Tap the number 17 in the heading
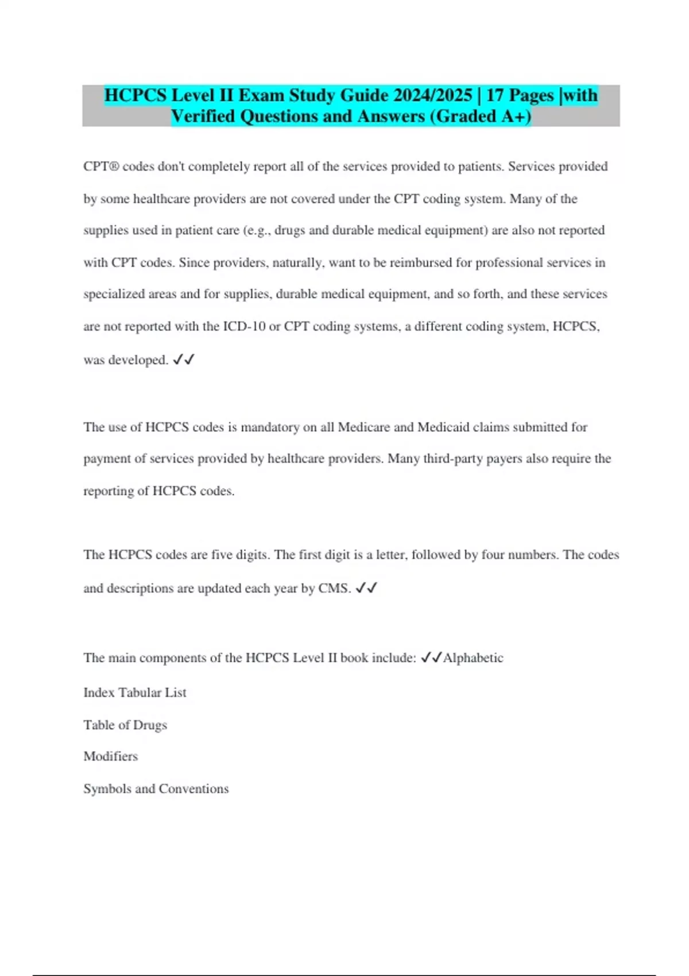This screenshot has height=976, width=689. pos(495,95)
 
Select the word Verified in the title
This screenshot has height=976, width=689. pos(203,116)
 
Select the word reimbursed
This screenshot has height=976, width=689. pos(421,262)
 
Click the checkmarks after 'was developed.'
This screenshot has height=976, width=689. pos(184,360)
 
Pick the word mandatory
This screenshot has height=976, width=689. pos(270,427)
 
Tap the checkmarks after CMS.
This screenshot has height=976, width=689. pos(366,588)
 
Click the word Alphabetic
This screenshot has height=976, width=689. pos(473,658)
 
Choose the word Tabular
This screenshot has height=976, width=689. pos(140,692)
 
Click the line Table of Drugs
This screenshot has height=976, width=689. pos(125,725)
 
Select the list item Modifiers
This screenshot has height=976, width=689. pos(111,756)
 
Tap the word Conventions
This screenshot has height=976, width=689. pos(193,788)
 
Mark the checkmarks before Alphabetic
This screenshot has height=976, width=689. pos(431,658)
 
